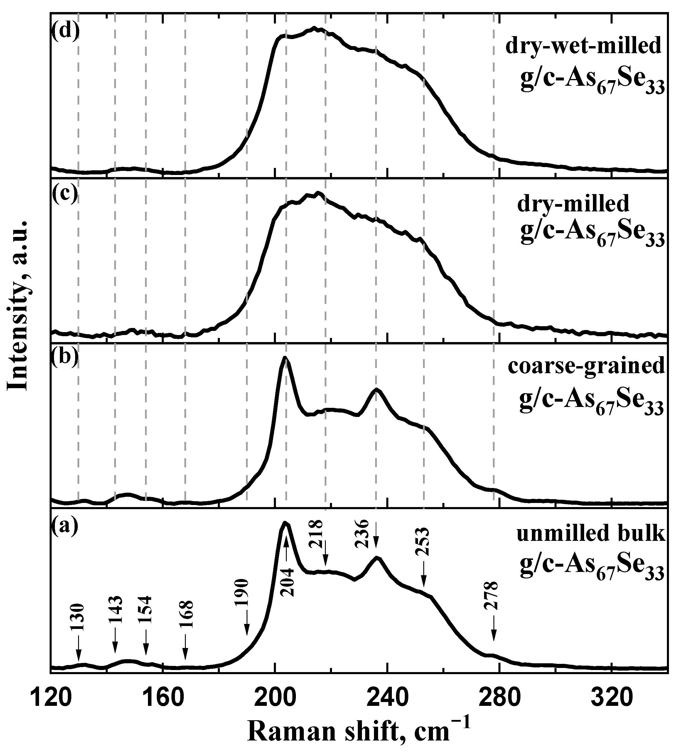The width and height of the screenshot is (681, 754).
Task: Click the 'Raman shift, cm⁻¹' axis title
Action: (358, 729)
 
